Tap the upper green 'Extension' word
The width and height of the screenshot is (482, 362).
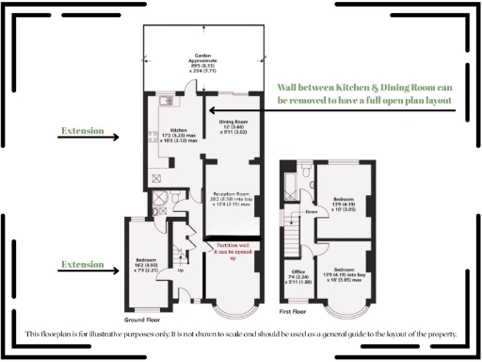[83, 130]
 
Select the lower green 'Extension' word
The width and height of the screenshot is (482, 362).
[83, 265]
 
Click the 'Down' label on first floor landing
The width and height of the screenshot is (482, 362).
[311, 211]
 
